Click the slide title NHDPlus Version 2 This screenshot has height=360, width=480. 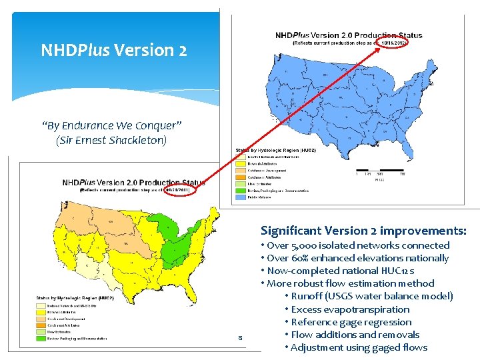click(113, 50)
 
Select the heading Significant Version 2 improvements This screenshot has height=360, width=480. click(363, 231)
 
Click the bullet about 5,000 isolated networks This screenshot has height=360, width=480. click(358, 245)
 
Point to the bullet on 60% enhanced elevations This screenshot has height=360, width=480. click(357, 258)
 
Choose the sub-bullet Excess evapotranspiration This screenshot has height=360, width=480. click(350, 309)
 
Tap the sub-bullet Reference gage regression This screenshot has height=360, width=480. click(351, 322)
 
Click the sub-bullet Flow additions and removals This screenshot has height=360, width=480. click(355, 335)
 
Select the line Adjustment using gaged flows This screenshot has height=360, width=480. click(359, 347)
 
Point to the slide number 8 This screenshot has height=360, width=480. click(239, 339)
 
